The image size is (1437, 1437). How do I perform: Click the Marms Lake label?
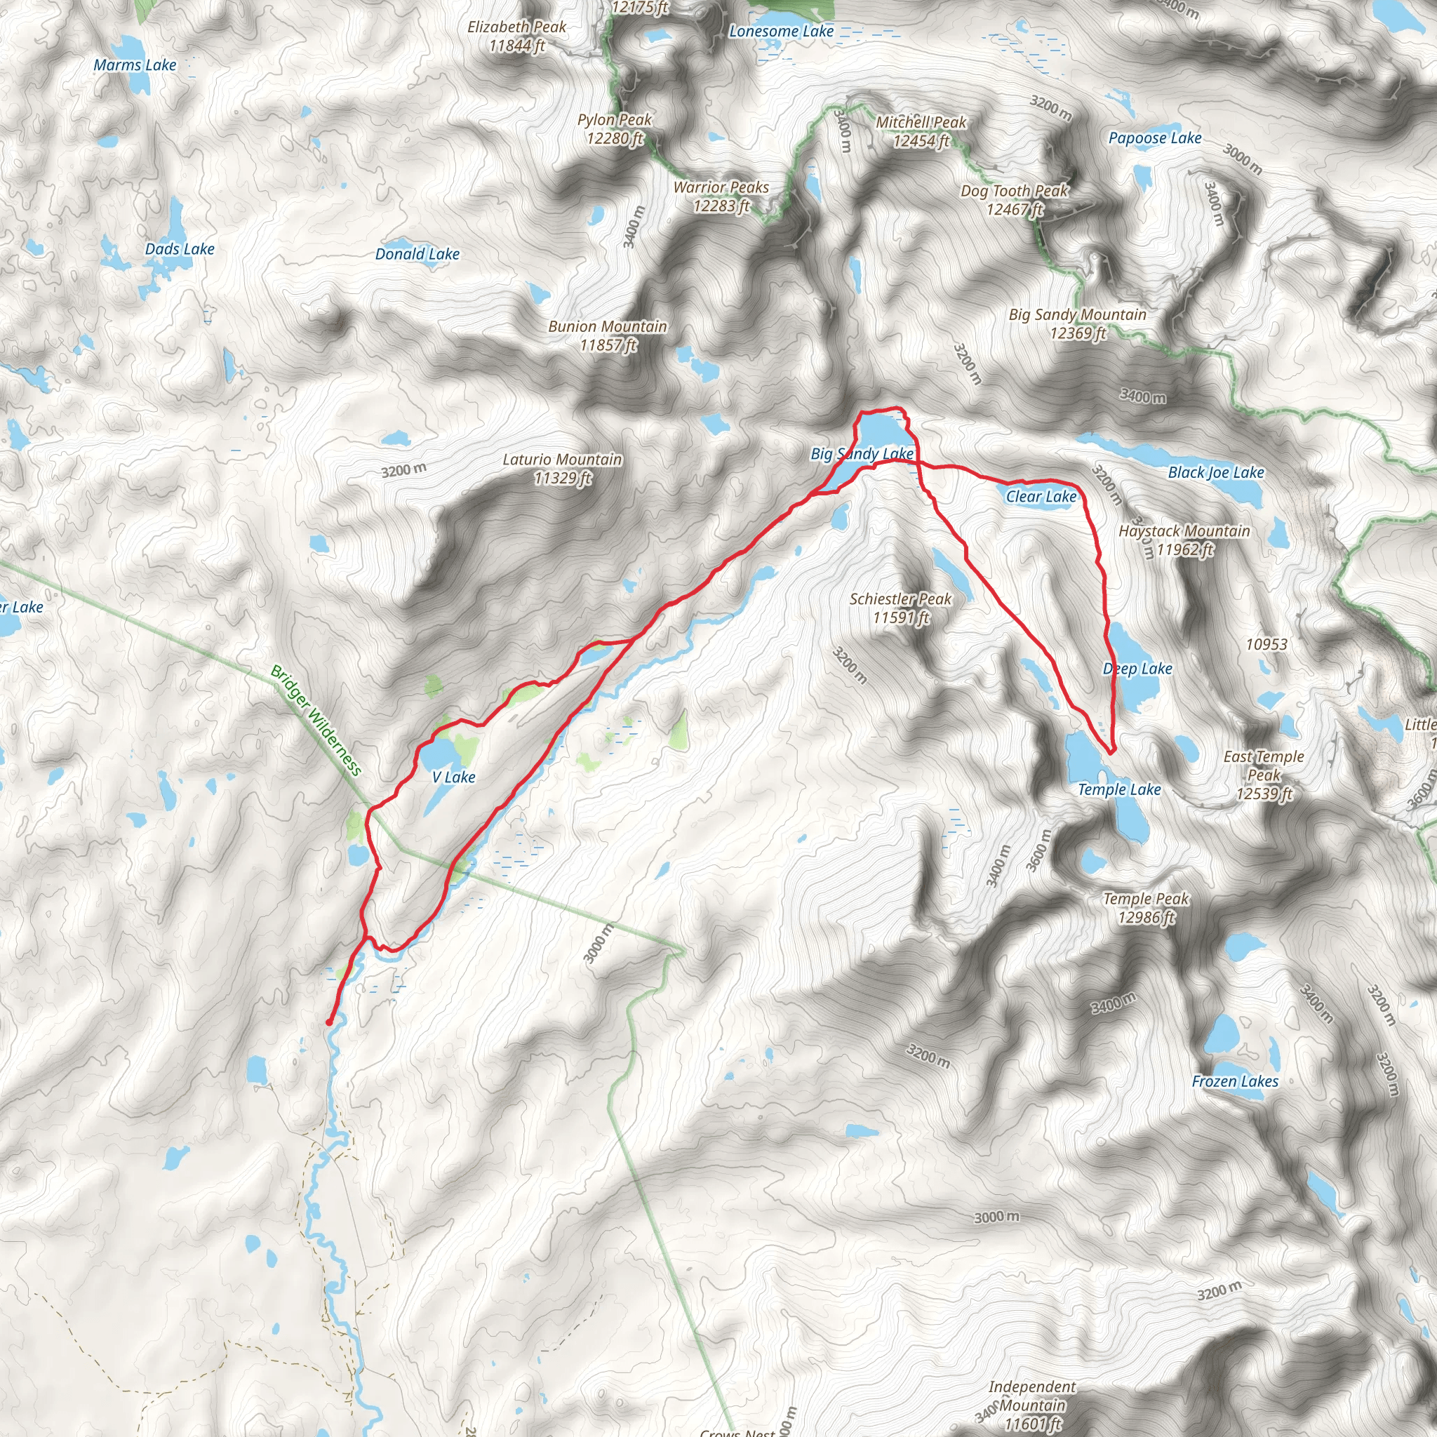point(135,65)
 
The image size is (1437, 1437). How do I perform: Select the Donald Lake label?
point(417,255)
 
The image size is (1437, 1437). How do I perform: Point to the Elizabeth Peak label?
point(517,36)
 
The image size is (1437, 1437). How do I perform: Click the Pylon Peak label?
point(615,129)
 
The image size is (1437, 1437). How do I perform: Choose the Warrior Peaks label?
point(721,197)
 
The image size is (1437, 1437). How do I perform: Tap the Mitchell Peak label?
point(921,132)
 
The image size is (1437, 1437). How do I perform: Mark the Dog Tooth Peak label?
point(1015,200)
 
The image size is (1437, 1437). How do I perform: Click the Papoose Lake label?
point(1154,138)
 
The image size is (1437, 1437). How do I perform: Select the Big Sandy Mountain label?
point(1078,324)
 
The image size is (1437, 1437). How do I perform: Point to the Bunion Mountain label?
point(608,335)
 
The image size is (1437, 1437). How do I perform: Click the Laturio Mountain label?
point(562,469)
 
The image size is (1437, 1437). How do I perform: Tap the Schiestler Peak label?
point(901,608)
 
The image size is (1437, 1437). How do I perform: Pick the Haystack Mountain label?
point(1184,540)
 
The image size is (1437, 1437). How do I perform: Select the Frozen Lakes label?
point(1235,1081)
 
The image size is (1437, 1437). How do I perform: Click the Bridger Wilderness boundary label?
point(316,720)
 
